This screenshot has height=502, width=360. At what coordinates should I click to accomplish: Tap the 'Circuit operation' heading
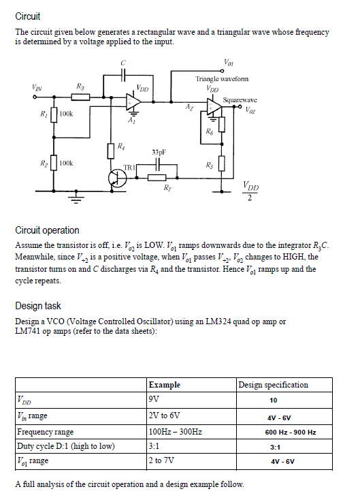(x=47, y=230)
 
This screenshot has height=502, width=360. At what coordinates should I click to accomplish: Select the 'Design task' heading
(x=38, y=306)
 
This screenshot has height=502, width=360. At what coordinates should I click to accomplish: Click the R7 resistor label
(x=166, y=187)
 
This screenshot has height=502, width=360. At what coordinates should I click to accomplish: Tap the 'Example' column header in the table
(x=165, y=385)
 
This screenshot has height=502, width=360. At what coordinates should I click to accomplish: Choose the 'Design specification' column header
(x=272, y=385)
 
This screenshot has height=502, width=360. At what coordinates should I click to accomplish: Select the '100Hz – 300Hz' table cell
(x=175, y=432)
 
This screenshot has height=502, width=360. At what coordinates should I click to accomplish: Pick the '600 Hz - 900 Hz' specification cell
(x=290, y=432)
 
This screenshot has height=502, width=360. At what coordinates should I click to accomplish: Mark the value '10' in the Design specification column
(x=274, y=401)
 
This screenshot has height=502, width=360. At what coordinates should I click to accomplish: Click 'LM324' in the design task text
(x=194, y=321)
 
